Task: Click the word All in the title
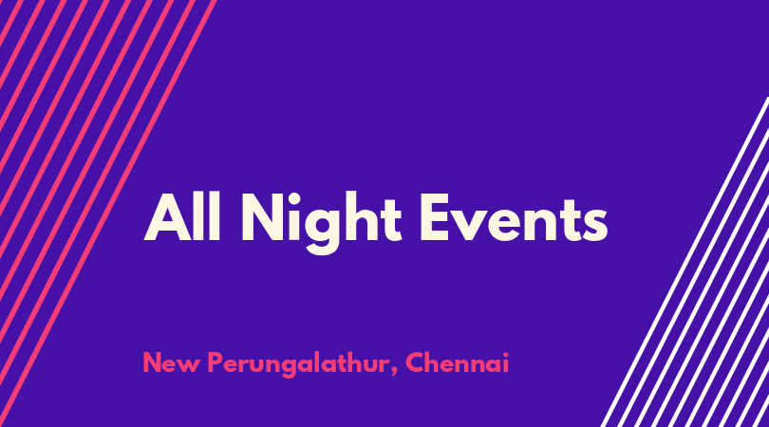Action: point(182,216)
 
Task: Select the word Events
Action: point(514,217)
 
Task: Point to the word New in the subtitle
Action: point(171,363)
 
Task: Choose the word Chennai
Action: point(457,362)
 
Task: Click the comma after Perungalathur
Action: point(394,372)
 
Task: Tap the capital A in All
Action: point(167,217)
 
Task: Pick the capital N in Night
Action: point(264,217)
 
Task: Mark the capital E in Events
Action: point(435,217)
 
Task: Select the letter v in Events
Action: point(473,225)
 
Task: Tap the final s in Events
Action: point(595,225)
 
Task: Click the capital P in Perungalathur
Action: point(216,362)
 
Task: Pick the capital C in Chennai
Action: point(415,362)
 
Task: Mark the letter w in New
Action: point(190,366)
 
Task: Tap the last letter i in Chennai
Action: point(505,362)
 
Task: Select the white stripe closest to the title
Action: point(685,262)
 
